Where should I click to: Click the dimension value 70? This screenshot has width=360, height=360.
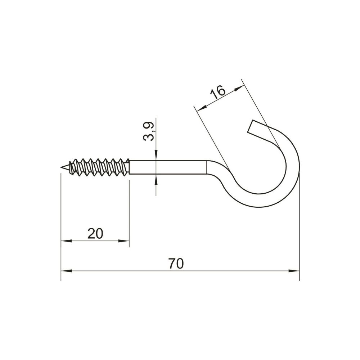[176, 264]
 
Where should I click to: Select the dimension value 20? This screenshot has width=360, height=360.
[95, 234]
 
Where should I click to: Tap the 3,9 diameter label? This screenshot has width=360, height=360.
[148, 131]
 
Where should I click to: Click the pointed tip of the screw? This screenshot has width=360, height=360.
[61, 168]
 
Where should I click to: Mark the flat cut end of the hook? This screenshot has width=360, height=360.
[250, 126]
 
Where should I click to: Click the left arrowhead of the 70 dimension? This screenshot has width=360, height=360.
[66, 271]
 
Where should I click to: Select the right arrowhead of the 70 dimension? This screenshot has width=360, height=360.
[294, 271]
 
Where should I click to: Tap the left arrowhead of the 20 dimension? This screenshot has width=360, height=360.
[66, 241]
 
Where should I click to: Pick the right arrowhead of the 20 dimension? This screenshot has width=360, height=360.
[124, 241]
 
